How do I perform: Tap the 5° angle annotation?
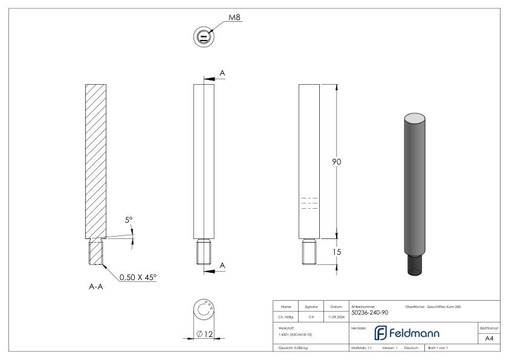pyautogui.click(x=129, y=221)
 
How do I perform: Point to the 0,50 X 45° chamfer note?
pyautogui.click(x=137, y=277)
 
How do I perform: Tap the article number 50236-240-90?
pyautogui.click(x=370, y=313)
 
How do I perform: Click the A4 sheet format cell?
pyautogui.click(x=489, y=339)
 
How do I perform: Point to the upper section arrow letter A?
pyautogui.click(x=222, y=73)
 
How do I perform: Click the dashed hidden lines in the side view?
pyautogui.click(x=309, y=203)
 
